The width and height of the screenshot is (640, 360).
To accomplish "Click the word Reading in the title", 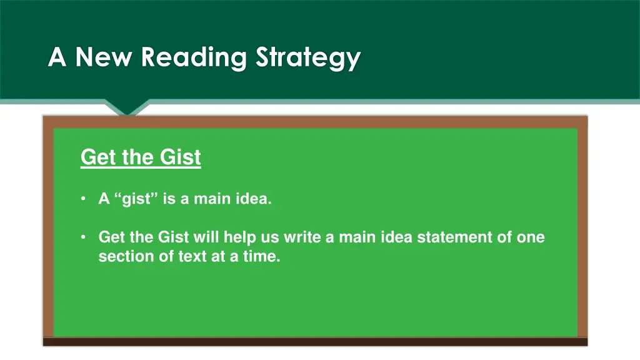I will tap(193, 58).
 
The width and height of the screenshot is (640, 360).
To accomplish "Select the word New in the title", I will tap(103, 57).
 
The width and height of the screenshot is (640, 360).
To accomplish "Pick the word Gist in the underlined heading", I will tap(181, 157).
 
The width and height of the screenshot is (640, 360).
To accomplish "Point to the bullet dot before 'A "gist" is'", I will tap(84, 199).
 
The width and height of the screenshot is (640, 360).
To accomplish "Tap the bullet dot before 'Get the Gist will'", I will tap(84, 237).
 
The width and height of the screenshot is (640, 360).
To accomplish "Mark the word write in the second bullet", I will tap(302, 237).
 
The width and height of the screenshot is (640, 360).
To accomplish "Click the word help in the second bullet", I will tap(240, 237).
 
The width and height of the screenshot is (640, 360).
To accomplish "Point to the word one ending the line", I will tap(531, 237).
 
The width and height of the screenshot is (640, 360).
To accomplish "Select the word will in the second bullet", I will tap(206, 237).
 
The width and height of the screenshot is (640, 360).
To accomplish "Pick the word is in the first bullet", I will tap(169, 200).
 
